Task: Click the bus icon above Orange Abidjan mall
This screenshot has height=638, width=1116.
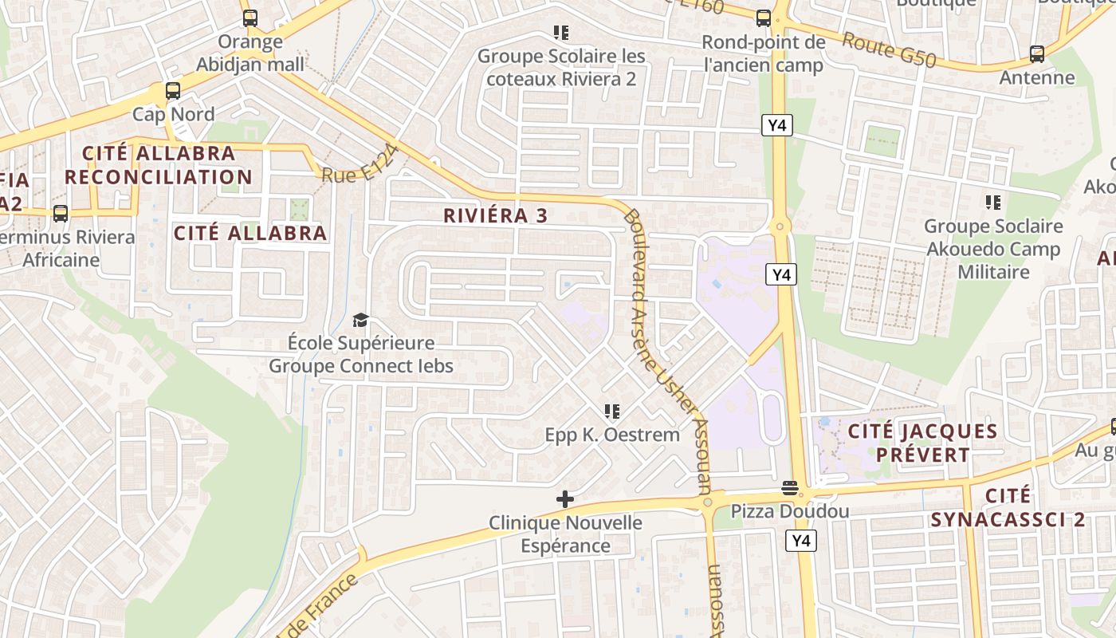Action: coord(250,18)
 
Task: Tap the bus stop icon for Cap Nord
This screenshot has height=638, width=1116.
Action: coord(173,91)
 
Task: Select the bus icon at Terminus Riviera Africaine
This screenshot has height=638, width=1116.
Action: coord(61,214)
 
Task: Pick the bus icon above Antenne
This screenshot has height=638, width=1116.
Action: coord(1036,54)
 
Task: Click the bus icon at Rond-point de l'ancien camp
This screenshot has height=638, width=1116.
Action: coord(763,18)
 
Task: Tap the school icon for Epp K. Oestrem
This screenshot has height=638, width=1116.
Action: coord(612,412)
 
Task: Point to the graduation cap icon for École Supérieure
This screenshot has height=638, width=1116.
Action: coord(361,321)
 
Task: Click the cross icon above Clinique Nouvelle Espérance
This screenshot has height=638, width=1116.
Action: coord(565,500)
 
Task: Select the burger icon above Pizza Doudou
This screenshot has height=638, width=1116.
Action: coord(790,487)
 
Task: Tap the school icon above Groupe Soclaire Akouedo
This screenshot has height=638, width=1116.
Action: coord(992,203)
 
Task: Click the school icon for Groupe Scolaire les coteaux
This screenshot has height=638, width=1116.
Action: coord(561,33)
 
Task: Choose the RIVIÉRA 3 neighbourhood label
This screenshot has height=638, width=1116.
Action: coord(496,215)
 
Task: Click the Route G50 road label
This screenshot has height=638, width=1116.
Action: coord(889,49)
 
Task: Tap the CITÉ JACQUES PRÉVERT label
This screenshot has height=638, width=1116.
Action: coord(922,443)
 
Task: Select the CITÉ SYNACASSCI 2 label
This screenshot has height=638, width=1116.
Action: coord(1008,508)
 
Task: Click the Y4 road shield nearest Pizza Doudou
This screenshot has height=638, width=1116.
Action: coord(801,541)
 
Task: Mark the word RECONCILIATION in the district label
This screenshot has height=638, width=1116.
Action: coord(158,177)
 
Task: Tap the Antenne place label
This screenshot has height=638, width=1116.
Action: coord(1037,78)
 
